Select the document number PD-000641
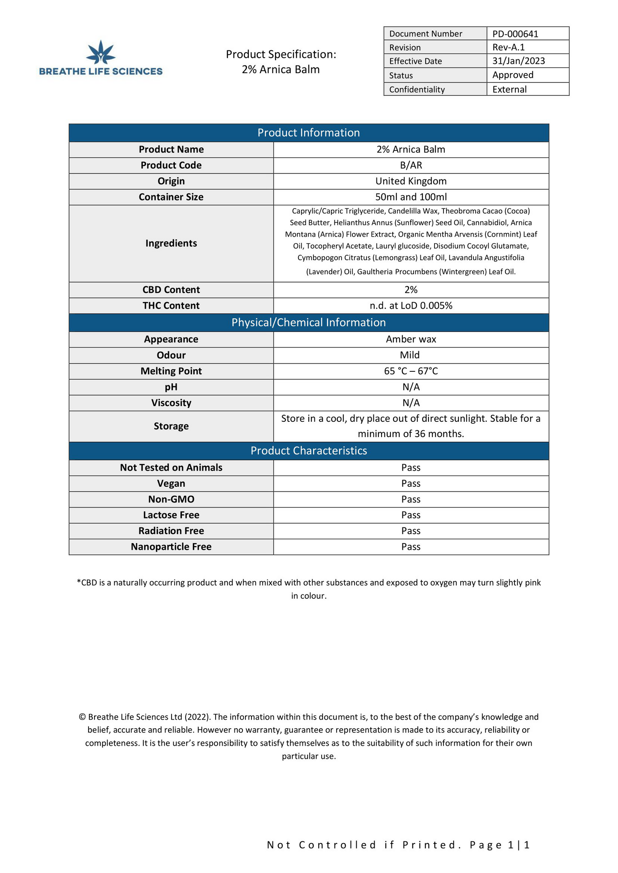[x=515, y=34]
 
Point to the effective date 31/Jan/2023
[x=518, y=61]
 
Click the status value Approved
[x=512, y=75]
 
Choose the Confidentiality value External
[x=509, y=89]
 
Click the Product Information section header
[x=308, y=133]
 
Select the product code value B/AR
[x=411, y=165]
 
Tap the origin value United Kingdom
[x=411, y=181]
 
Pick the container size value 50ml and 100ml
[x=411, y=197]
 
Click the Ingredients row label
[x=171, y=243]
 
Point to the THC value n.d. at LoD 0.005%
[x=411, y=306]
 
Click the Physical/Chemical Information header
[x=308, y=323]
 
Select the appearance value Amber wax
[x=411, y=339]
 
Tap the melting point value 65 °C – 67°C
[x=411, y=371]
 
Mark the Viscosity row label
[x=171, y=403]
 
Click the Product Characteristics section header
[x=308, y=451]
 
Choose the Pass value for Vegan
[x=411, y=483]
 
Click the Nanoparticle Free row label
[x=171, y=547]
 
